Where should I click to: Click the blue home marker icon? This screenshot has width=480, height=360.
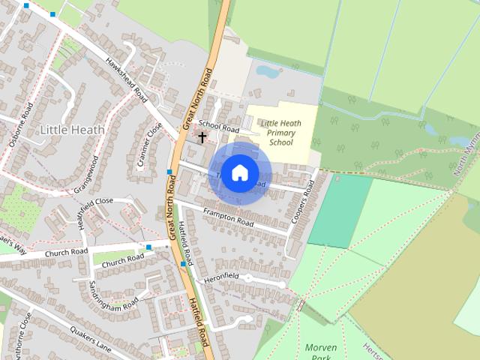click(239, 172)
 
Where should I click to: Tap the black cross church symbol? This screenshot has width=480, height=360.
click(202, 137)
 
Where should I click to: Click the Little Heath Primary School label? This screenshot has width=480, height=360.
click(280, 133)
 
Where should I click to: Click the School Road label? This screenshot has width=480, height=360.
click(218, 126)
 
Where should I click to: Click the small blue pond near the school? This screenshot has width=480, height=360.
click(267, 72)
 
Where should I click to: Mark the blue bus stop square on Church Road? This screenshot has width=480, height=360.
click(148, 247)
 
